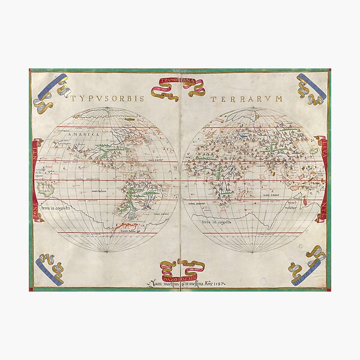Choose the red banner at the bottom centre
click(x=178, y=267)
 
